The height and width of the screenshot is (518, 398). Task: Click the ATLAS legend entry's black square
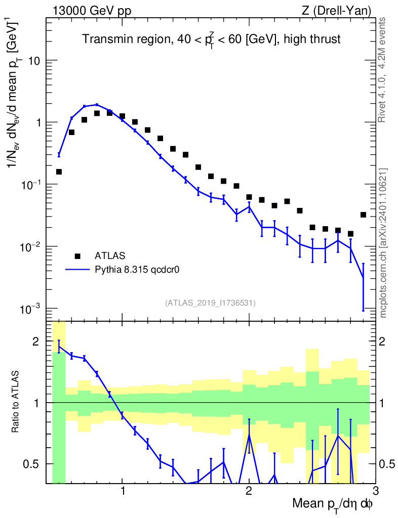click(x=77, y=256)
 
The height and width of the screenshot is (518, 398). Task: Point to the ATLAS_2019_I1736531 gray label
click(x=210, y=303)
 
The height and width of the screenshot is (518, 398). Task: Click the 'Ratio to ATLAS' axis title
click(x=16, y=402)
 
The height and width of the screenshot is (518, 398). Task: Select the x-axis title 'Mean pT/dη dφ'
click(x=332, y=504)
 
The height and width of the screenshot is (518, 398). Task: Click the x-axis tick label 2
click(x=249, y=491)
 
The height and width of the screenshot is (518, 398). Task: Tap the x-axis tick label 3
click(x=375, y=491)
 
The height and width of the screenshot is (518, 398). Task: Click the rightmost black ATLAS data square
click(x=363, y=215)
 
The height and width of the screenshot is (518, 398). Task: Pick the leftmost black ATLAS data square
click(x=59, y=172)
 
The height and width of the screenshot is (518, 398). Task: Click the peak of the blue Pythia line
click(x=97, y=105)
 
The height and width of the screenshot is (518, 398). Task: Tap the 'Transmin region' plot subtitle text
click(x=211, y=39)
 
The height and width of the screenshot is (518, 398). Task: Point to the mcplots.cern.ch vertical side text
click(x=383, y=243)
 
